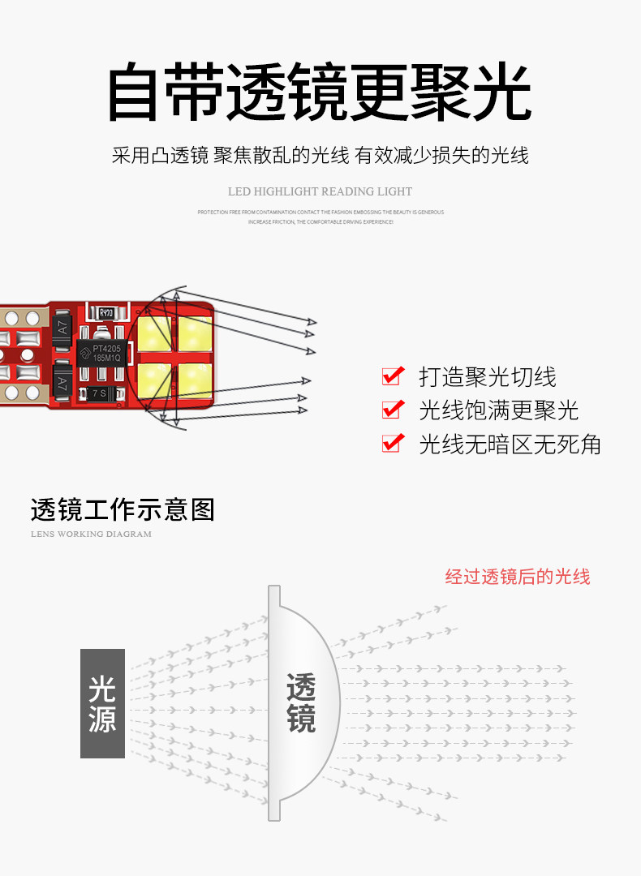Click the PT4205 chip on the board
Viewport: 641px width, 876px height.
[100, 354]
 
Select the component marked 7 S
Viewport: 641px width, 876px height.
[98, 393]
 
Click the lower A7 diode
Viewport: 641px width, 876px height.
[62, 379]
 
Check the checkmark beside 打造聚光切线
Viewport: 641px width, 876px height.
[393, 376]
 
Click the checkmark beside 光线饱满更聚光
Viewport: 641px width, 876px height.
[393, 410]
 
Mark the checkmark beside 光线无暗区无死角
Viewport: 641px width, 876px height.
[393, 444]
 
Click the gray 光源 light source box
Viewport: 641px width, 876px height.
[102, 703]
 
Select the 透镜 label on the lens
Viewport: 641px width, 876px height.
[301, 703]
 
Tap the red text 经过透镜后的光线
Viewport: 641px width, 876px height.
[518, 577]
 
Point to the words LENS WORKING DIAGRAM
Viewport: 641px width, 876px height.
[91, 535]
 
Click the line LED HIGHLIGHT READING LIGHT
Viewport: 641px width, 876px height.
[320, 192]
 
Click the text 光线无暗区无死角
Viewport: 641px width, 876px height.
[510, 444]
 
